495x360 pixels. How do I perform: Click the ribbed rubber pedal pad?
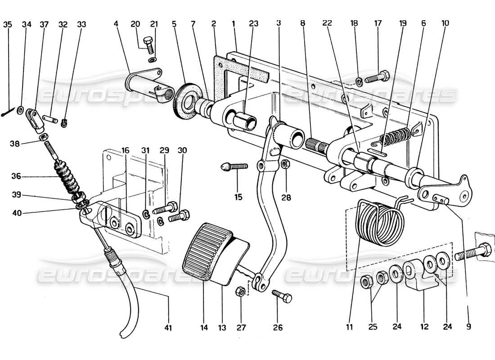pos(205,252)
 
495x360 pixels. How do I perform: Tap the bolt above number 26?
pos(282,296)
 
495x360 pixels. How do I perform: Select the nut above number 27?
pos(240,290)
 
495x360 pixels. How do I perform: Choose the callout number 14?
pos(204,328)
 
